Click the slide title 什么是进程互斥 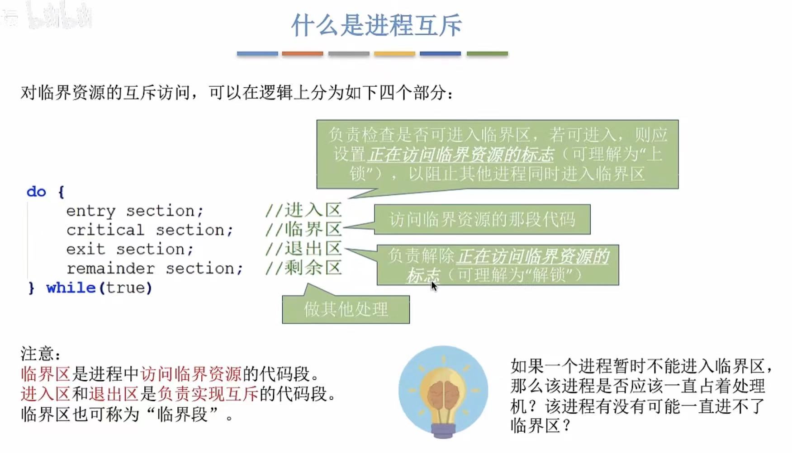tap(376, 25)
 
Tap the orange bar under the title tap(302, 53)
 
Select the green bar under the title tap(487, 53)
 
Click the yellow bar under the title tap(394, 53)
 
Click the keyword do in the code tap(36, 192)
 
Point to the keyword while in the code tap(71, 288)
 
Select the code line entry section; tap(135, 211)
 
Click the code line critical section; tap(150, 230)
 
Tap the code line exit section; tap(130, 249)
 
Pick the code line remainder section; tap(155, 269)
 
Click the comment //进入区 tap(303, 210)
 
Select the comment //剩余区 tap(303, 268)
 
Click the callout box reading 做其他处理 tap(346, 310)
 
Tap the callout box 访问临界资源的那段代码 tap(482, 220)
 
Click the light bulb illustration tap(443, 391)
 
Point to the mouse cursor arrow tap(433, 286)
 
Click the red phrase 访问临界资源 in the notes tap(191, 374)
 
